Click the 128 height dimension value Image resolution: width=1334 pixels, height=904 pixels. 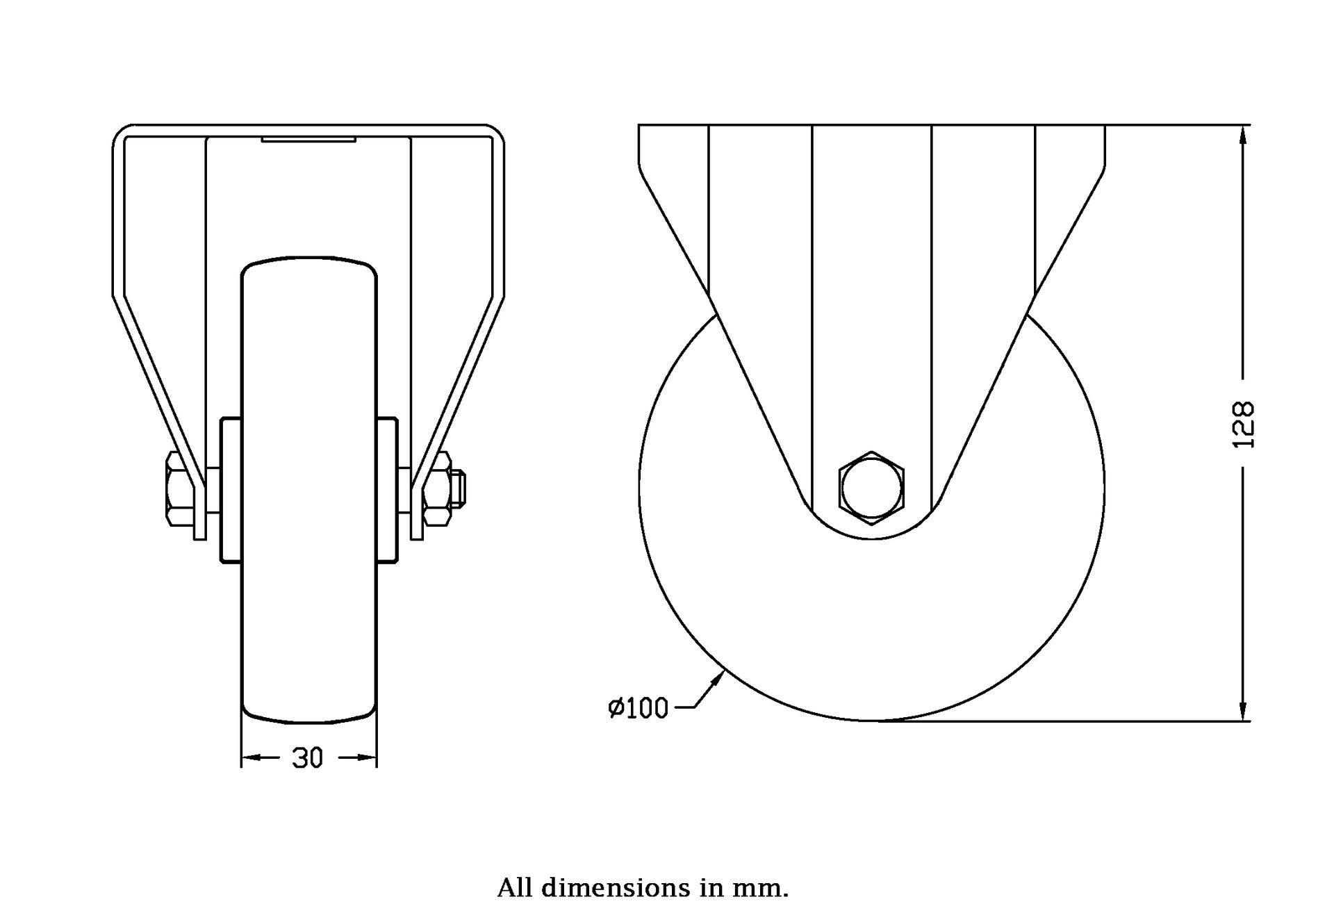tap(1246, 425)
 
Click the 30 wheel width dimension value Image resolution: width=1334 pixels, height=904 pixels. tap(308, 758)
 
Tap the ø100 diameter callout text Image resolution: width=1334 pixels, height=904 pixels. tap(639, 708)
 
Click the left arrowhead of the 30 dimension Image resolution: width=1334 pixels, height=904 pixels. tap(253, 757)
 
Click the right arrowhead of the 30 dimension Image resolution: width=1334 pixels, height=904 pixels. tap(365, 757)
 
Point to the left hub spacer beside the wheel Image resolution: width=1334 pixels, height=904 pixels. tap(231, 489)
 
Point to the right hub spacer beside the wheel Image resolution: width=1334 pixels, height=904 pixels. tap(387, 489)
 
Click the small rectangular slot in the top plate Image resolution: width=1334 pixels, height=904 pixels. tap(308, 140)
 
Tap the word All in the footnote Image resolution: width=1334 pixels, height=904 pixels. tap(515, 888)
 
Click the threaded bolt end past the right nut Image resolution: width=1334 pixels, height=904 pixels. tap(459, 488)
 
